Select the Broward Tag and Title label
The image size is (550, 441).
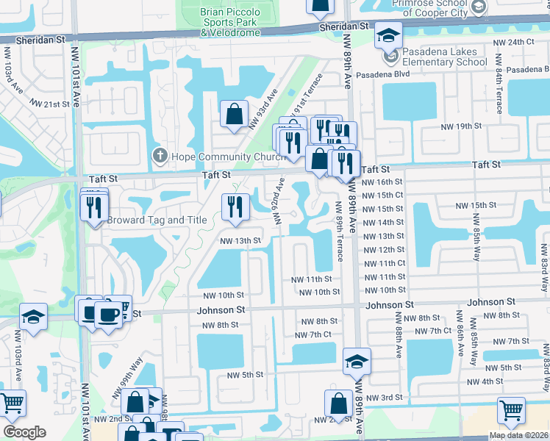pyautogui.click(x=157, y=220)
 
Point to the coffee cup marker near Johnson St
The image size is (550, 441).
pyautogui.click(x=109, y=315)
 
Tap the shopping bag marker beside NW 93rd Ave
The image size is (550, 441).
pyautogui.click(x=234, y=115)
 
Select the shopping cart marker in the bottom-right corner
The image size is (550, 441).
pyautogui.click(x=511, y=411)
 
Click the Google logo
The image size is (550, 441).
pyautogui.click(x=24, y=431)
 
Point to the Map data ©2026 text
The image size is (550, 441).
pyautogui.click(x=518, y=435)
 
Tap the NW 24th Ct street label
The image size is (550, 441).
pyautogui.click(x=515, y=42)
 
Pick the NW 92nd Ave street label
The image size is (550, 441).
pyautogui.click(x=279, y=199)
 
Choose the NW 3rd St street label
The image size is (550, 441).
pyautogui.click(x=385, y=398)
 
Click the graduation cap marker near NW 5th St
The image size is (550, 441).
pyautogui.click(x=357, y=361)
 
